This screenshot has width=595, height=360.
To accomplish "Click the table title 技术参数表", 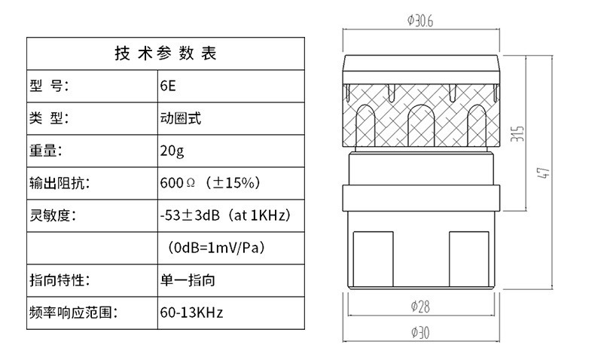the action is (x=166, y=53).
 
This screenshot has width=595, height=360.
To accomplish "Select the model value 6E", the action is (x=168, y=86).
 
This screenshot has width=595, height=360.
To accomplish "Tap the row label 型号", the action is (x=49, y=86).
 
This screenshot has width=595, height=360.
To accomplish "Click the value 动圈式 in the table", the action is (x=180, y=118).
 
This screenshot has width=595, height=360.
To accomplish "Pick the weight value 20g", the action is (x=172, y=151).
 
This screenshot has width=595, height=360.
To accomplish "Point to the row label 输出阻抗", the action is (x=59, y=183).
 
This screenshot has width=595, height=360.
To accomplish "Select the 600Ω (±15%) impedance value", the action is (x=210, y=183).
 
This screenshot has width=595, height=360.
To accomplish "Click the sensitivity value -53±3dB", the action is (x=190, y=215).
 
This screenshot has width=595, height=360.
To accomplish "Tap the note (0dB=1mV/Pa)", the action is (x=216, y=248).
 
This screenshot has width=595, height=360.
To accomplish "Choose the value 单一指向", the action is (x=188, y=280).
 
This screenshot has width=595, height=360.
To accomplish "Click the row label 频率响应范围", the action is (x=74, y=313).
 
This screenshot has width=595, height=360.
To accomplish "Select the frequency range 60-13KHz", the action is (x=191, y=313).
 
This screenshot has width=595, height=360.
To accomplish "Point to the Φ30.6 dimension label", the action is (x=420, y=20).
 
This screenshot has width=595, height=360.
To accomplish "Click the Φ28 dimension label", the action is (x=420, y=306).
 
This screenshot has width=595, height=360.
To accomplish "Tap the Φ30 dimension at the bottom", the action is (x=420, y=333).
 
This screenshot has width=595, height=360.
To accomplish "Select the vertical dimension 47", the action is (x=543, y=172).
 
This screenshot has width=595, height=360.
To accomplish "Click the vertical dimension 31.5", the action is (x=517, y=134).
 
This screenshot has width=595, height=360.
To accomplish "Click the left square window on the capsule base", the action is (x=373, y=259).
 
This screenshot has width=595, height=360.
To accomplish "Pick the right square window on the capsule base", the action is (x=469, y=259).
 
